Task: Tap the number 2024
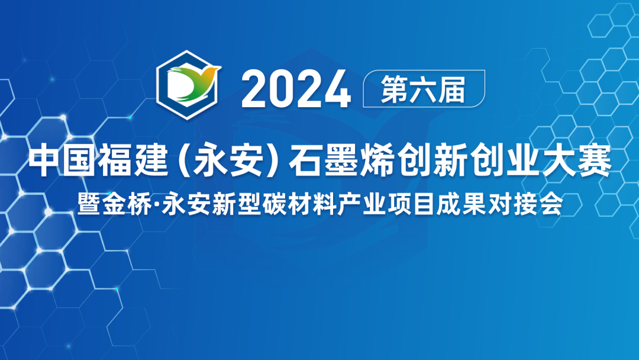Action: [296, 90]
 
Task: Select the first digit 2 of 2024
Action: [254, 90]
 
